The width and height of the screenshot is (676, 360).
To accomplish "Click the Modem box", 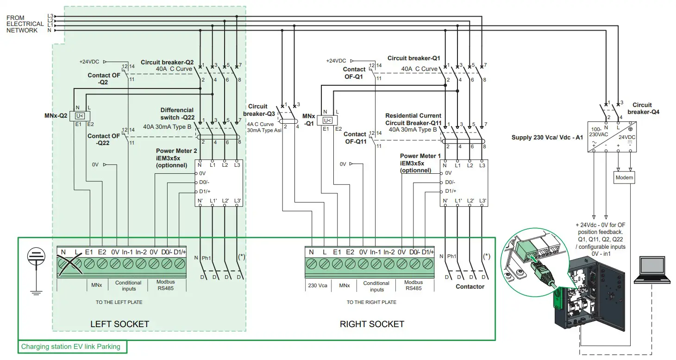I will tap(624, 177).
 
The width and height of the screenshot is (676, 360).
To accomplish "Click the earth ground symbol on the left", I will tap(34, 271).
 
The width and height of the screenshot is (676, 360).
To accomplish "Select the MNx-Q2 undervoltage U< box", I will tap(80, 116).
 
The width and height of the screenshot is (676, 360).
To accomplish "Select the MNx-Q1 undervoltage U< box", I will tap(327, 120).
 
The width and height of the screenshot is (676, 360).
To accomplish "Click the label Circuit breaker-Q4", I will tap(643, 108).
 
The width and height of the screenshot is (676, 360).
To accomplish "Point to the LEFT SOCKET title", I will tap(119, 324).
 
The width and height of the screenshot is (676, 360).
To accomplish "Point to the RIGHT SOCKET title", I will tap(372, 324).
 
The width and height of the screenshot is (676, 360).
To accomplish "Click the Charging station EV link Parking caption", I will tap(71, 347).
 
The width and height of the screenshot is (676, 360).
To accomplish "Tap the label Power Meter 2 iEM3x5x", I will tap(176, 158).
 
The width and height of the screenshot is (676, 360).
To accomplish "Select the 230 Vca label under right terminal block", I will tap(317, 285).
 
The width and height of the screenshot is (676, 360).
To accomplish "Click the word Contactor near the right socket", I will tap(469, 286).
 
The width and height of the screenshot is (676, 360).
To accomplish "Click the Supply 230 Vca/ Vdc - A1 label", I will tap(547, 138).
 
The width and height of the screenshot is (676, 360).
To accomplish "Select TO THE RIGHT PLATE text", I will tap(371, 302).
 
